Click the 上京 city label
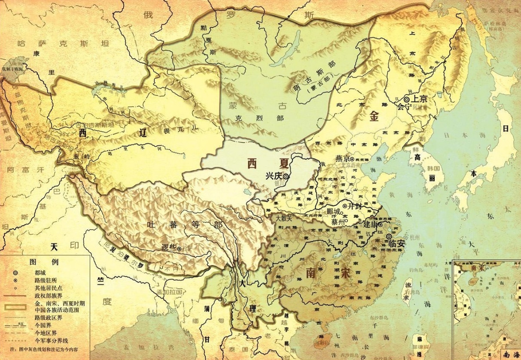click(x=419, y=98)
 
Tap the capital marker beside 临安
click(x=389, y=237)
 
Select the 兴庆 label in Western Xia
click(x=273, y=176)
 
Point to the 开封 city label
click(x=356, y=207)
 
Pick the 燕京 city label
click(x=342, y=158)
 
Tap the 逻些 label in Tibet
click(x=169, y=247)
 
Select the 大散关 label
click(x=283, y=218)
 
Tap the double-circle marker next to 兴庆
click(x=285, y=176)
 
